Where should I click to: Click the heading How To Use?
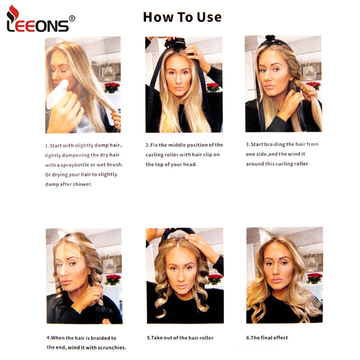point(182,17)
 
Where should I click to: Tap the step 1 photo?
point(83,85)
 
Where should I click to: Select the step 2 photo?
point(184,85)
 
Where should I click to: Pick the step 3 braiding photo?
point(283,84)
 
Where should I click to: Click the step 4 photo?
point(84,276)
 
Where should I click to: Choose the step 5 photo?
point(184,276)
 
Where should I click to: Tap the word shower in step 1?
point(82,184)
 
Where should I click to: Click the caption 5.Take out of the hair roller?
point(180,338)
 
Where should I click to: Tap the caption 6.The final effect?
point(267,338)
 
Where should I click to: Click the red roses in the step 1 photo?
point(112,87)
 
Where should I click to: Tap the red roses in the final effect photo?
point(314,278)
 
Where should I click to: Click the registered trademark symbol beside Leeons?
point(72,18)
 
